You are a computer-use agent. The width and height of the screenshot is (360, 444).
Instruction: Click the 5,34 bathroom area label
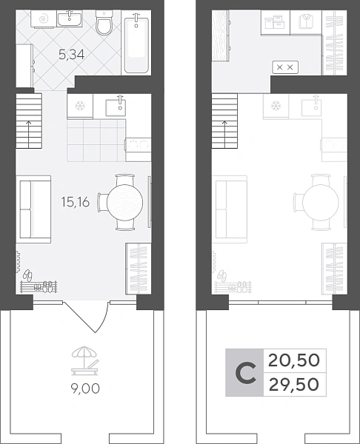point(71,54)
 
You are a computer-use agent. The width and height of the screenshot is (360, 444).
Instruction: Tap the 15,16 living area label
point(76,202)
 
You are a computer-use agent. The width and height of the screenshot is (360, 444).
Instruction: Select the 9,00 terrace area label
point(85,388)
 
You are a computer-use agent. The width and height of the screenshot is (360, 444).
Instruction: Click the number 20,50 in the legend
point(293,361)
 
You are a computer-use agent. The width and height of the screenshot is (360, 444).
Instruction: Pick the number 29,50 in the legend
point(293,385)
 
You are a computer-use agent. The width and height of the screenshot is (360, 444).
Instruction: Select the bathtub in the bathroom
point(136,43)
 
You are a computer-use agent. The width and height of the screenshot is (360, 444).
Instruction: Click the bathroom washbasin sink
point(70,18)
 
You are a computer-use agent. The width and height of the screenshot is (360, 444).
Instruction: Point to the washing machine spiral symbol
point(43,19)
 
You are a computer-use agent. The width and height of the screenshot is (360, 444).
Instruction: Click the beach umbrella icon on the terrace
point(85,361)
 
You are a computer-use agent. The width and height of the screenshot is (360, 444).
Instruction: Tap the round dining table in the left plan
point(124,202)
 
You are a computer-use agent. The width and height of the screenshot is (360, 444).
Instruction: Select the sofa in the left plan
point(33,209)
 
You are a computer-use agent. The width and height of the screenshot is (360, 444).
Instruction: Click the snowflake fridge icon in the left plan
point(80,106)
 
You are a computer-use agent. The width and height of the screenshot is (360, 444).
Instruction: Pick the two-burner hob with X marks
point(285,67)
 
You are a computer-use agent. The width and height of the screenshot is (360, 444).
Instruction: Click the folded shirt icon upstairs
point(306,21)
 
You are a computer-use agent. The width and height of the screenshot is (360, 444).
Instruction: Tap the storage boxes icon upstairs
point(274,21)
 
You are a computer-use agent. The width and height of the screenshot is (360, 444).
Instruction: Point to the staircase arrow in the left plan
point(29,135)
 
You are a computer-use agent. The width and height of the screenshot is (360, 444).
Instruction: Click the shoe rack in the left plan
point(39,286)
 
